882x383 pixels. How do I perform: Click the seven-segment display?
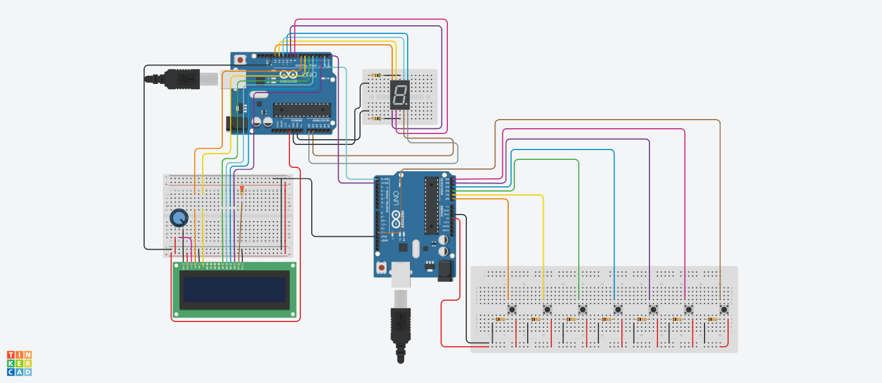[x=400, y=95]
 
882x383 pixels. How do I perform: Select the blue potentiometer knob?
[x=179, y=218]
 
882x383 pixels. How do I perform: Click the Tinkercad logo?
[x=19, y=363]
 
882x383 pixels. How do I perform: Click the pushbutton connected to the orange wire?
[x=512, y=310]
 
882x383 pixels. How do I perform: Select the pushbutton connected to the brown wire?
[x=724, y=310]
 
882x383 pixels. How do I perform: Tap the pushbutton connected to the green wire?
[x=582, y=310]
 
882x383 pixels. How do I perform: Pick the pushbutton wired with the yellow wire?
[x=547, y=310]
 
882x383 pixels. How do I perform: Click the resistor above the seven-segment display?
[x=376, y=75]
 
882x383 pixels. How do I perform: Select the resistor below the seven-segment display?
[x=376, y=119]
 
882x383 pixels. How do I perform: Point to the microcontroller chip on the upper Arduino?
[x=301, y=110]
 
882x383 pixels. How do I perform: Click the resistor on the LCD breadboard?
[x=241, y=190]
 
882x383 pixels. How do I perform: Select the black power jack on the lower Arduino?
[x=446, y=271]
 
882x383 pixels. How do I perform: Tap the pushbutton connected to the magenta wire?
[x=688, y=310]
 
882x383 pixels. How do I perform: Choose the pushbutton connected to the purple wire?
[x=653, y=310]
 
